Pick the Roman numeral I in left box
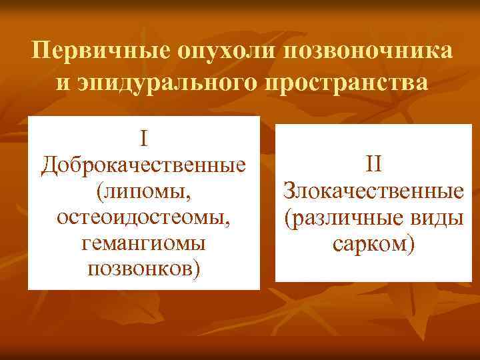143,139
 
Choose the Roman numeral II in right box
373,164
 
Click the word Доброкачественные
143,165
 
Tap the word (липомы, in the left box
143,191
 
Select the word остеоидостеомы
141,217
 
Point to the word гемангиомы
143,243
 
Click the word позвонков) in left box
143,270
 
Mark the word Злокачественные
373,191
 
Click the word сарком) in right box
373,244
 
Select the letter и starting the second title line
60,85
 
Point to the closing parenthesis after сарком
412,245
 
